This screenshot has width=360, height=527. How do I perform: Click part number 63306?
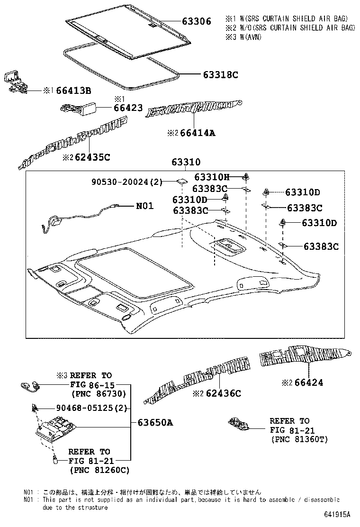197,21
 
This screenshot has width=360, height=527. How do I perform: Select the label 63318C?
220,74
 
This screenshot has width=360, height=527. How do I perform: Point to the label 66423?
128,108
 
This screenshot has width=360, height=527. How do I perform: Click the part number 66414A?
198,133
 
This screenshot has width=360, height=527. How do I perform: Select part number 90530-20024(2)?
127,182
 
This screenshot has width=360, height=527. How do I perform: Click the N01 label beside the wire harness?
145,206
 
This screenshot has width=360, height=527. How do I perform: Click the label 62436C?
223,393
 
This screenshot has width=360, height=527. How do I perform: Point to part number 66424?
308,382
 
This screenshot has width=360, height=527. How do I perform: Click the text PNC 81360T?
299,439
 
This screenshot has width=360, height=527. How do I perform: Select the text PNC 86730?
98,393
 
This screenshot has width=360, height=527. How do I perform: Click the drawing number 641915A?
337,515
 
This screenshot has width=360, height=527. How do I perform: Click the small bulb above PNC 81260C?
55,459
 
